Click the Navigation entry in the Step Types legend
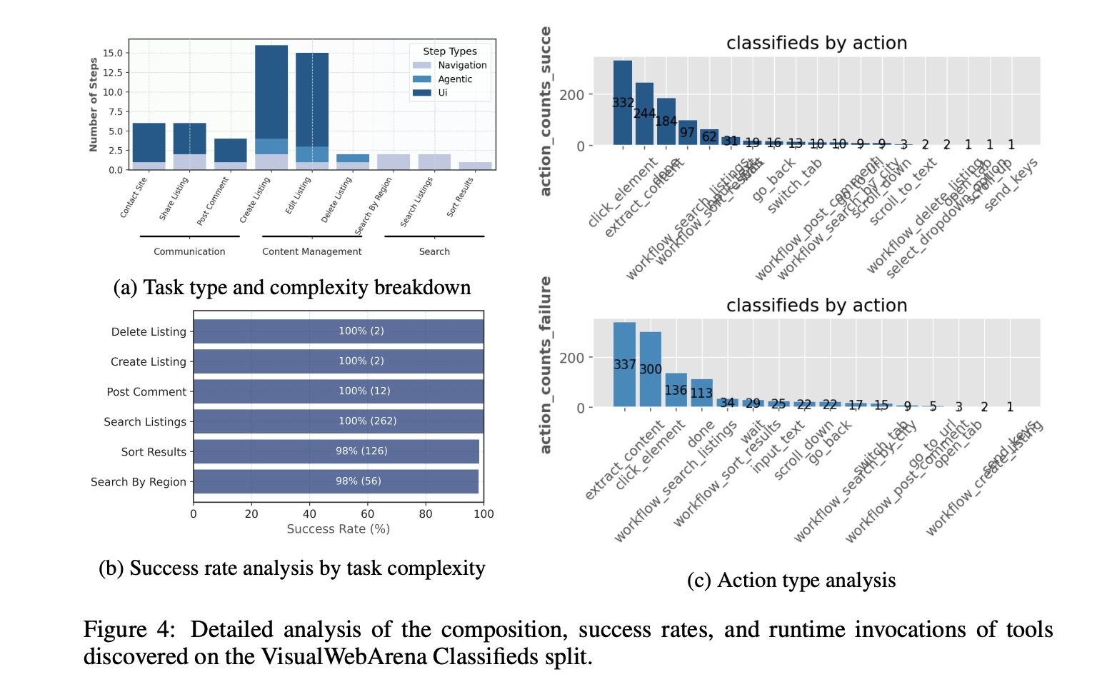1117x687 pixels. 462,65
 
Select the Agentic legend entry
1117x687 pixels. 455,79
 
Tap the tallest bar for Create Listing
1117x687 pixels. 271,93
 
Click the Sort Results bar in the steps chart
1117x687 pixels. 475,166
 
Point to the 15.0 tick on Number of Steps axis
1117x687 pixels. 113,53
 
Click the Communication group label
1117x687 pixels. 189,251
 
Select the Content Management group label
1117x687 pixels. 311,251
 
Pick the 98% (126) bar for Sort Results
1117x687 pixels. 336,451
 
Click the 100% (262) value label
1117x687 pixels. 367,421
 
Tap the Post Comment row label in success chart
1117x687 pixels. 146,391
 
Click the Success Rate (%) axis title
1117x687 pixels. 338,529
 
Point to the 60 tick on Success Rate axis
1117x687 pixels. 367,513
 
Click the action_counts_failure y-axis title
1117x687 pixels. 546,364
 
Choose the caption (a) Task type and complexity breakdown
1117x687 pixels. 292,287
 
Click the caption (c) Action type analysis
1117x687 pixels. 791,580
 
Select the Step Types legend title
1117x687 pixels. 449,51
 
